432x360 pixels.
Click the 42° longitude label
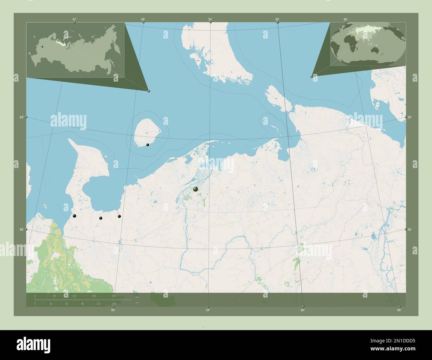tap(74, 19)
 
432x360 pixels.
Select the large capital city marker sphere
tap(195, 189)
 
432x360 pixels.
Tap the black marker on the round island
tap(148, 145)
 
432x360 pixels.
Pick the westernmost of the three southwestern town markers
tap(74, 216)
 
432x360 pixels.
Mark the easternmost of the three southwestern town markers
tap(119, 216)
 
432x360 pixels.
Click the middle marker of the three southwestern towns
tap(100, 218)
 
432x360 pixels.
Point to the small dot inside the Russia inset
tap(42, 47)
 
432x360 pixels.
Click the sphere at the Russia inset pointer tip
tap(149, 91)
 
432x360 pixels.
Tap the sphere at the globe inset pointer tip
tap(311, 76)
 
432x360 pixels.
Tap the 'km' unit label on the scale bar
tap(137, 296)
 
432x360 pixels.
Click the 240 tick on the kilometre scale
tap(114, 296)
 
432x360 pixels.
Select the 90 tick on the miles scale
tap(82, 304)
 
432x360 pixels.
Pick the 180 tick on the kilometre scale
tap(94, 296)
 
